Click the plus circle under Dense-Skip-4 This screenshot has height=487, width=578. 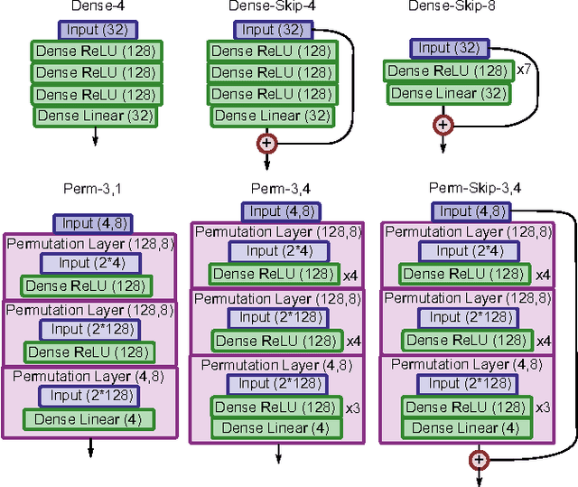click(x=267, y=142)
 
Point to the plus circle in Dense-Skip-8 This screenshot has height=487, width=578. click(x=443, y=124)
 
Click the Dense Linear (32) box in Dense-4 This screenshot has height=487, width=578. click(x=94, y=115)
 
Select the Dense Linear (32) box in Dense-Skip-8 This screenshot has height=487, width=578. click(x=443, y=92)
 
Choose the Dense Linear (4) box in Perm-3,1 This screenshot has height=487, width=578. click(x=88, y=419)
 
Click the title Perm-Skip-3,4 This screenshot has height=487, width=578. click(x=475, y=189)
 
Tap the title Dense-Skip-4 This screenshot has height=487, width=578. click(x=267, y=8)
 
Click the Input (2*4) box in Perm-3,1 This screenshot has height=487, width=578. click(x=88, y=263)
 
